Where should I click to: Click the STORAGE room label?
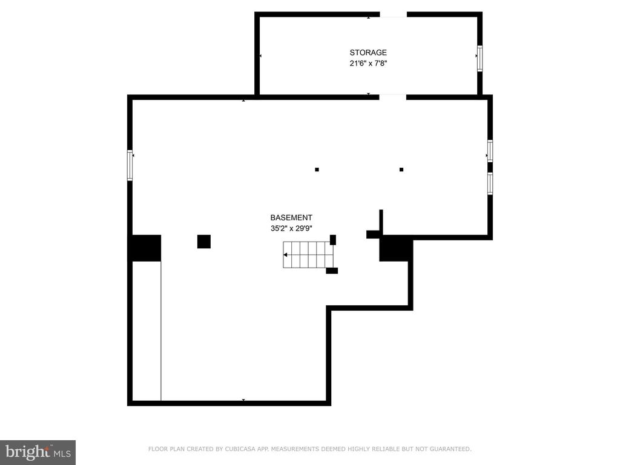[368, 52]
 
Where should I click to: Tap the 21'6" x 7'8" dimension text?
[368, 63]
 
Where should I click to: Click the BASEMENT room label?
[291, 217]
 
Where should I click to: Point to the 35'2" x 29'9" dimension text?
[291, 228]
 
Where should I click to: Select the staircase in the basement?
[308, 255]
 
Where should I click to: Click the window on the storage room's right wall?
[480, 59]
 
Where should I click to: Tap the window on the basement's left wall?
[130, 165]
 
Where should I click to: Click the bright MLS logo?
[38, 452]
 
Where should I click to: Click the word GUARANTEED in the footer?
[450, 449]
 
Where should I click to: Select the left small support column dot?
[317, 170]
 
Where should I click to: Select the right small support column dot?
[401, 170]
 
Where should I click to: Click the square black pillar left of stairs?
[204, 242]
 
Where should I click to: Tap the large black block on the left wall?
[144, 248]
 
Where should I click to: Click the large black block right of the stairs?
[395, 248]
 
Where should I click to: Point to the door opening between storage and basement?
[392, 97]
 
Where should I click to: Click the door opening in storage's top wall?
[394, 15]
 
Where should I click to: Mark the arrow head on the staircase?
[286, 255]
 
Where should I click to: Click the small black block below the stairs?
[332, 271]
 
